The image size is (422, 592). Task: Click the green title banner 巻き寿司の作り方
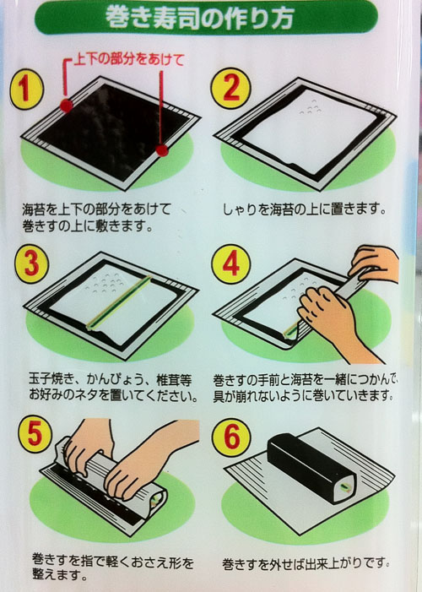click(206, 18)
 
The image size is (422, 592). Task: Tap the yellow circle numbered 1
click(26, 90)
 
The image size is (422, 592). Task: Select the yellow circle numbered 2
click(230, 88)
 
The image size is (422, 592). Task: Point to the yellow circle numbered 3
click(32, 263)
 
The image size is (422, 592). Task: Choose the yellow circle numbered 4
click(231, 264)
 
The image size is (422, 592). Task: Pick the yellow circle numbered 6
click(231, 437)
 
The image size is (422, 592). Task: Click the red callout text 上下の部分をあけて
click(129, 59)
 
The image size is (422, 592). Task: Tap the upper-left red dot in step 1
click(67, 106)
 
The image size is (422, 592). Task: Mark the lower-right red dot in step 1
click(162, 150)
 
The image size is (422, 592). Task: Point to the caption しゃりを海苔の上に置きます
click(304, 209)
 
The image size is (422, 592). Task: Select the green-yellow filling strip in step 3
click(118, 303)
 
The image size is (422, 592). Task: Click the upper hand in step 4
click(374, 263)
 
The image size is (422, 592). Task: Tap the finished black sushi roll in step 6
click(311, 467)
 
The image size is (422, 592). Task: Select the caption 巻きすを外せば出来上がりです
click(306, 564)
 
